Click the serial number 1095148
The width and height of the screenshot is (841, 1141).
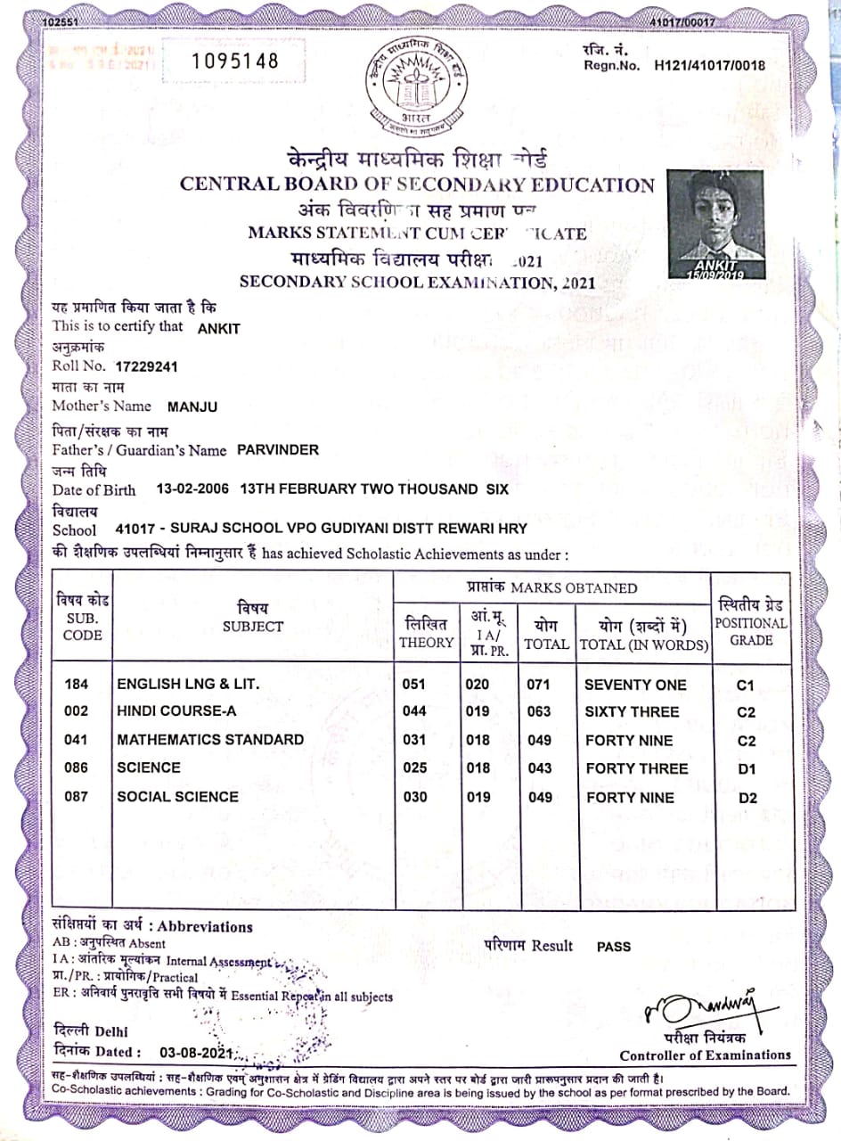tap(236, 61)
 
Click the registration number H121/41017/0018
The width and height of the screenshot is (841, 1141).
tap(709, 65)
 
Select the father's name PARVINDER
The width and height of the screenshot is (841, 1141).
tap(278, 450)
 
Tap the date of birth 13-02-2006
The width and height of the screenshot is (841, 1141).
tap(192, 489)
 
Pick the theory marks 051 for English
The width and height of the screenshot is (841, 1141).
tap(415, 685)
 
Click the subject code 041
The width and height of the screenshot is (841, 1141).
tap(77, 739)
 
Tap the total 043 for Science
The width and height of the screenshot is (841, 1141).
tap(540, 768)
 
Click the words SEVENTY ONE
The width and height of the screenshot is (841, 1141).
tap(635, 685)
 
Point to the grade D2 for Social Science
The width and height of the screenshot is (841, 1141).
tap(747, 798)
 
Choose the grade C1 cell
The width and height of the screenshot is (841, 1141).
tap(747, 685)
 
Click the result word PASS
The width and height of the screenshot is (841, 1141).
tap(614, 947)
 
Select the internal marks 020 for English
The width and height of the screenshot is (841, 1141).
tap(478, 685)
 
